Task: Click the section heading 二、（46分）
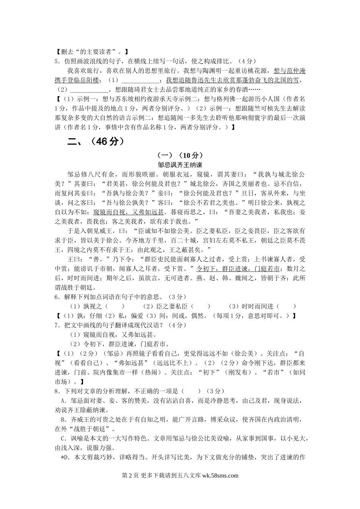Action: (95, 142)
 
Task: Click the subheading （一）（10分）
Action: (180, 155)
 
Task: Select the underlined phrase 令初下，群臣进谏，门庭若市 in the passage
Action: (238, 269)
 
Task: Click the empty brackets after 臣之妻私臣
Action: (201, 306)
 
